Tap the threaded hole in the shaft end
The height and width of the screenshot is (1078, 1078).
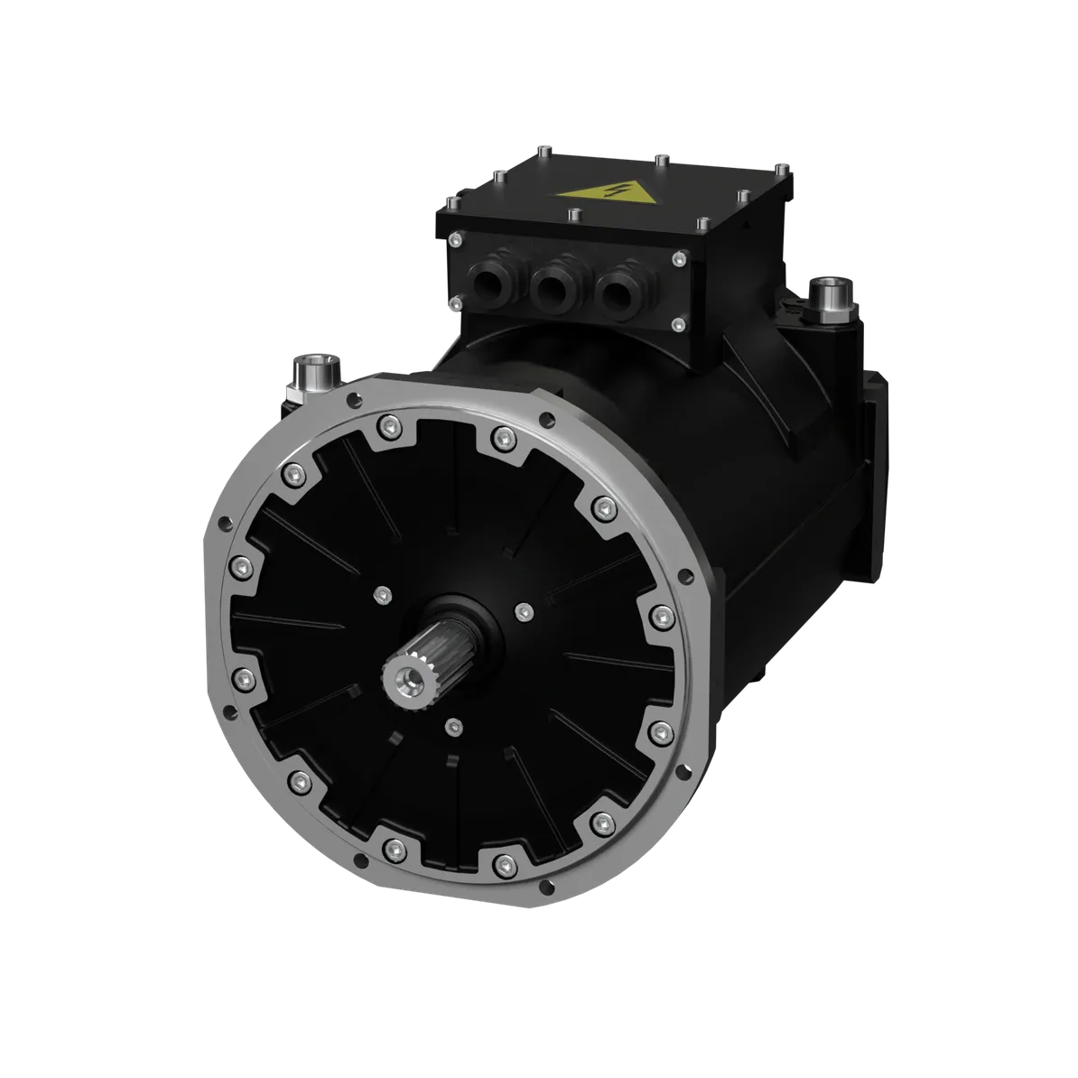[x=400, y=674]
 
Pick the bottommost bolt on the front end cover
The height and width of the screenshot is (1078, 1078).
[x=502, y=867]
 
